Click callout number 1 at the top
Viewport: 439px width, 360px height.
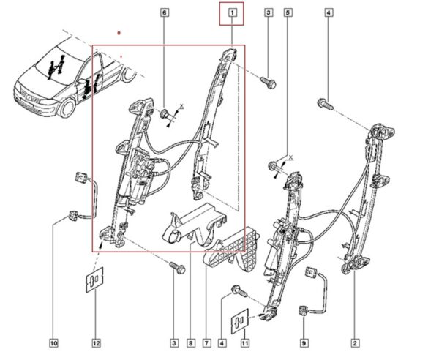(232, 12)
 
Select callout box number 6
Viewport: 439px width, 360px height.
(165, 12)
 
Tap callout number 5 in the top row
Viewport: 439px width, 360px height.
(288, 12)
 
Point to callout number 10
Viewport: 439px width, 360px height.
(53, 343)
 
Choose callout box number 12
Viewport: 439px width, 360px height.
(96, 343)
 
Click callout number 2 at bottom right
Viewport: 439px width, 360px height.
(355, 343)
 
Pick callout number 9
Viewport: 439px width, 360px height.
(304, 343)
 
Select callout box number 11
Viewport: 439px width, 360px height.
(244, 343)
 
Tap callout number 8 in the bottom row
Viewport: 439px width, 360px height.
(191, 343)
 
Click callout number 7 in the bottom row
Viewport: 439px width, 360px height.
(206, 343)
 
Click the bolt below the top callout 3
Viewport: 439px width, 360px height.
(269, 83)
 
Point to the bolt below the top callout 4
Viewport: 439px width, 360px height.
(326, 104)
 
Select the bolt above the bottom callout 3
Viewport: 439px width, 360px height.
(178, 268)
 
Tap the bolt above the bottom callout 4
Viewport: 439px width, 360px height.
(239, 291)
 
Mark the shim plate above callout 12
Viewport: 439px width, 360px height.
(94, 280)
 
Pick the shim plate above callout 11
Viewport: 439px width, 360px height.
(240, 321)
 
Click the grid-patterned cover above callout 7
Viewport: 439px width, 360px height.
(233, 250)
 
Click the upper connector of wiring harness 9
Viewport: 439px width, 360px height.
(312, 271)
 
